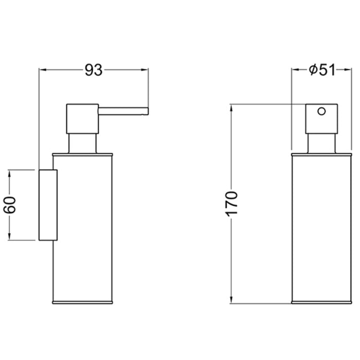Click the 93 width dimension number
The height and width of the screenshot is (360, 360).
point(94,70)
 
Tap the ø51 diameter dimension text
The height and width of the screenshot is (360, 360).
point(322,70)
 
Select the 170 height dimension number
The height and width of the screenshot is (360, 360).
point(231,204)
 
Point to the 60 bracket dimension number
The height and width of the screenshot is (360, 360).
point(10,205)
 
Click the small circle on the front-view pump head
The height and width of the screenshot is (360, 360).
point(321,112)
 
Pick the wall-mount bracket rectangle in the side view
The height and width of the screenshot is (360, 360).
point(48,205)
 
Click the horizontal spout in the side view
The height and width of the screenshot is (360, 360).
point(123,111)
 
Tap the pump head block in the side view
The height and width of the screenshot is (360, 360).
point(82,119)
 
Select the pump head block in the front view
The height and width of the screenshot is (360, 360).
point(321,119)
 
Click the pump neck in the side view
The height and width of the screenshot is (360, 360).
point(82,143)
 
